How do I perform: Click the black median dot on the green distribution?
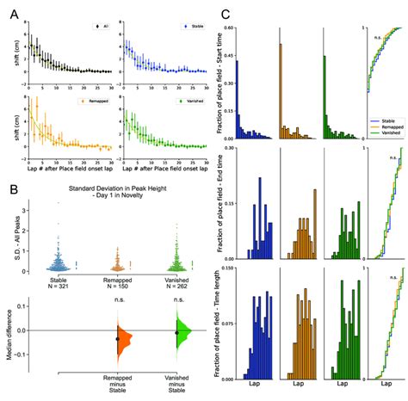(x=177, y=332)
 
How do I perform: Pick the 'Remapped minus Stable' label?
(x=118, y=384)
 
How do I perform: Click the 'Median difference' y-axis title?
(x=9, y=332)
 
